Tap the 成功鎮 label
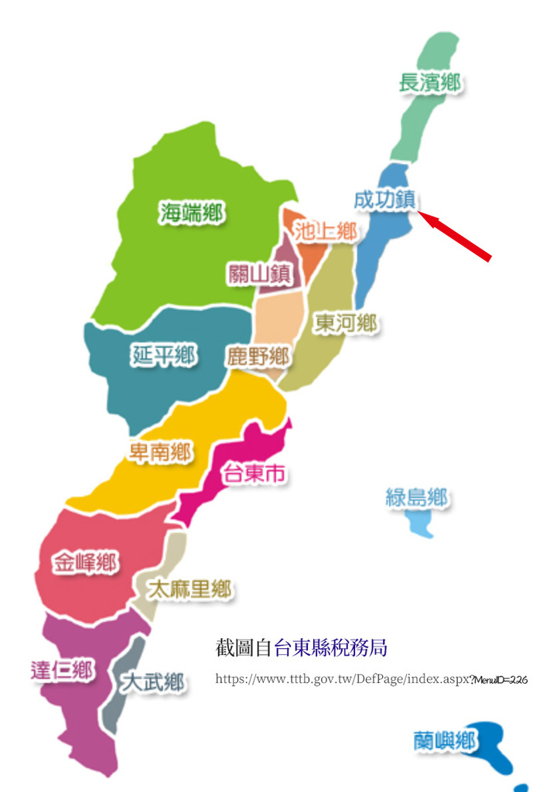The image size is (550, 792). (385, 199)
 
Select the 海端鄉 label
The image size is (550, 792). (192, 213)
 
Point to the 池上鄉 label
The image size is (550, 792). (325, 230)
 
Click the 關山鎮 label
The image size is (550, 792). (259, 273)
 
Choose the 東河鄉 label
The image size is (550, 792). (345, 323)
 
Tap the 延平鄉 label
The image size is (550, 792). (163, 355)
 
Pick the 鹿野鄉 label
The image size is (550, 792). (258, 357)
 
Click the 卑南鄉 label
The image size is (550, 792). (160, 452)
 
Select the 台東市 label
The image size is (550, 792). (254, 473)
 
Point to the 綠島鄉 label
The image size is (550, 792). (417, 498)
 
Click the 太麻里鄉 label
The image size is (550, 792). (190, 590)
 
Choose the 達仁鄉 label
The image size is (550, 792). (63, 670)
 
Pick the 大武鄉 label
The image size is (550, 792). (152, 682)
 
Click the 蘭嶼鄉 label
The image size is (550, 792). (444, 741)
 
